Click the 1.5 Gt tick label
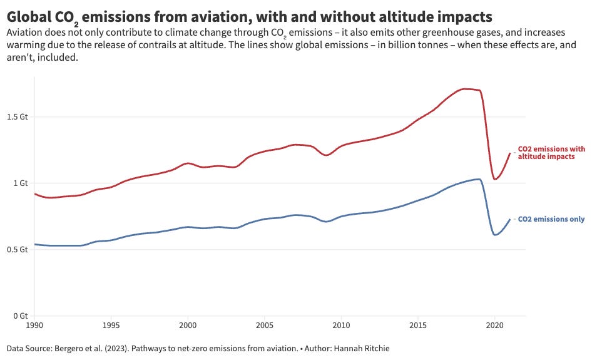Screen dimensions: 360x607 click(17, 117)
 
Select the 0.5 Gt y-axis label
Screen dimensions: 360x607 click(17, 250)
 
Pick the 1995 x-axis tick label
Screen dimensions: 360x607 click(111, 326)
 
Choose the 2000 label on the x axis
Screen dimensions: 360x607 click(188, 326)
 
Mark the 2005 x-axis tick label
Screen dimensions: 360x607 click(264, 326)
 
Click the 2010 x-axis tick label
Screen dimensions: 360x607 click(341, 326)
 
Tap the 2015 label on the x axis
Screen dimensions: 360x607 click(417, 326)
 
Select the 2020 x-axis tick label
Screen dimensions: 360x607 click(494, 326)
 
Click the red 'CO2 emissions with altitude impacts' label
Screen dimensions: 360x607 click(551, 153)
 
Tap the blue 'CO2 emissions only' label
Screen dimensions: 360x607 click(551, 219)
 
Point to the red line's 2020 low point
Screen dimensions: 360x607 click(495, 179)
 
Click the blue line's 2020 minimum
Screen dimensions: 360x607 click(495, 235)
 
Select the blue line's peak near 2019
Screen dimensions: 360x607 click(478, 179)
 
